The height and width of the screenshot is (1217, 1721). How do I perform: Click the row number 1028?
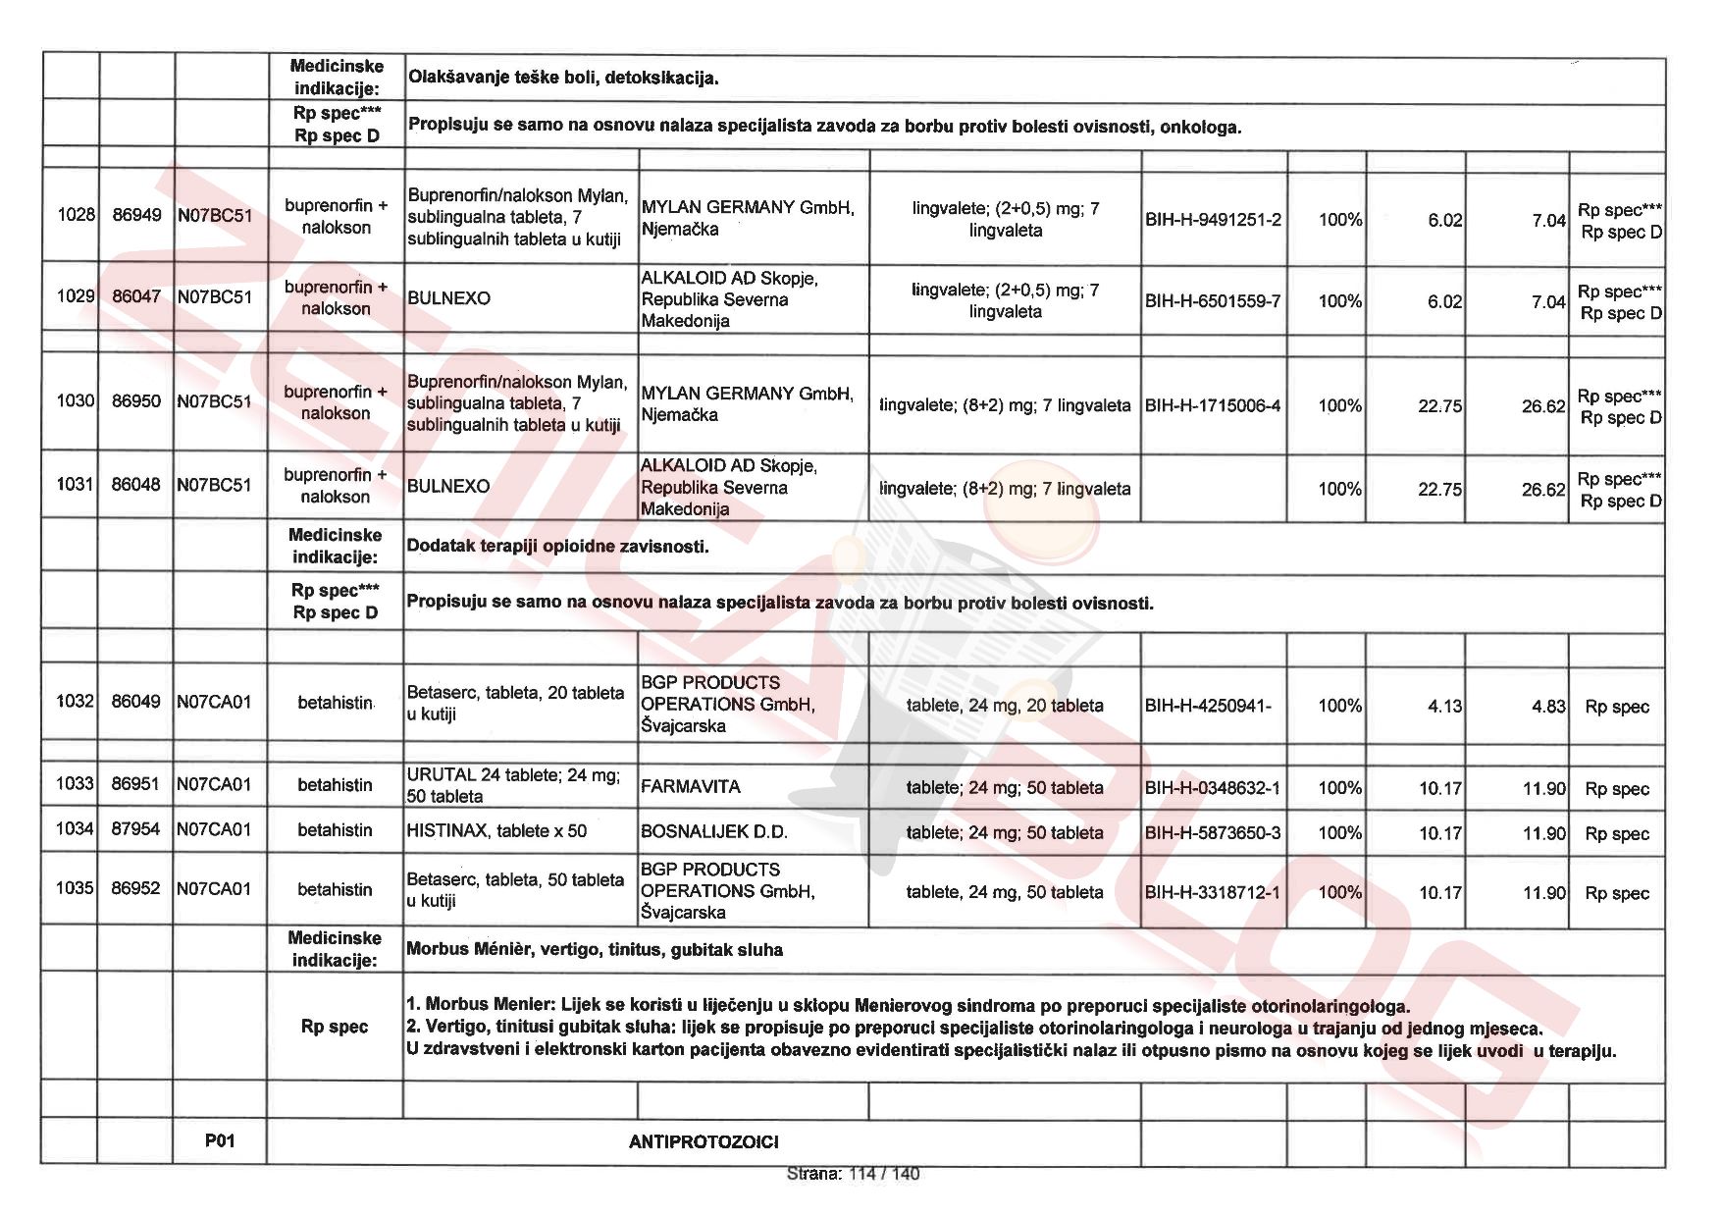click(x=76, y=215)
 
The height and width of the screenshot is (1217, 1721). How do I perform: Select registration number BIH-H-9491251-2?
click(x=1213, y=219)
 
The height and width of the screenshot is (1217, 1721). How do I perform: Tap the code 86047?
click(x=136, y=296)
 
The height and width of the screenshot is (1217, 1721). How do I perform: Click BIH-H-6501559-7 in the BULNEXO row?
click(x=1213, y=301)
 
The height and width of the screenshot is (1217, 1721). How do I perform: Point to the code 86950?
click(x=136, y=400)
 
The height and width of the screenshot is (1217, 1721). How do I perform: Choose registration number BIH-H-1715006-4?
click(x=1213, y=405)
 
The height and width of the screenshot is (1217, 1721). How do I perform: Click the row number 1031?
click(x=76, y=484)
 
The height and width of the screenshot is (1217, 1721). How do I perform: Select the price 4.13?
click(x=1444, y=706)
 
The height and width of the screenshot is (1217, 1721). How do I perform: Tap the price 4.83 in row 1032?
click(x=1548, y=706)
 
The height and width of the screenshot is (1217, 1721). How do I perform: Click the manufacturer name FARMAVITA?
click(x=691, y=787)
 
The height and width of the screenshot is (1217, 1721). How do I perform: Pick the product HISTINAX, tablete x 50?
click(x=496, y=831)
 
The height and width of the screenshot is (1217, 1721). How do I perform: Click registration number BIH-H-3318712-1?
click(x=1213, y=892)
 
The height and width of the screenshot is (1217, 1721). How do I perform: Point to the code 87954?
click(x=135, y=828)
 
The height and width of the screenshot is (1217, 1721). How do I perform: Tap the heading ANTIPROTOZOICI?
click(x=704, y=1141)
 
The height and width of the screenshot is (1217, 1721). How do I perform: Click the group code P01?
click(x=220, y=1140)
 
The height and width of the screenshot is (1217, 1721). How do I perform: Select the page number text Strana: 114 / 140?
click(x=853, y=1174)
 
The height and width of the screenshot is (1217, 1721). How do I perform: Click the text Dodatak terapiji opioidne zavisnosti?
click(x=557, y=547)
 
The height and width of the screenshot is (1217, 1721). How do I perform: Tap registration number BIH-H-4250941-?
click(x=1208, y=706)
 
